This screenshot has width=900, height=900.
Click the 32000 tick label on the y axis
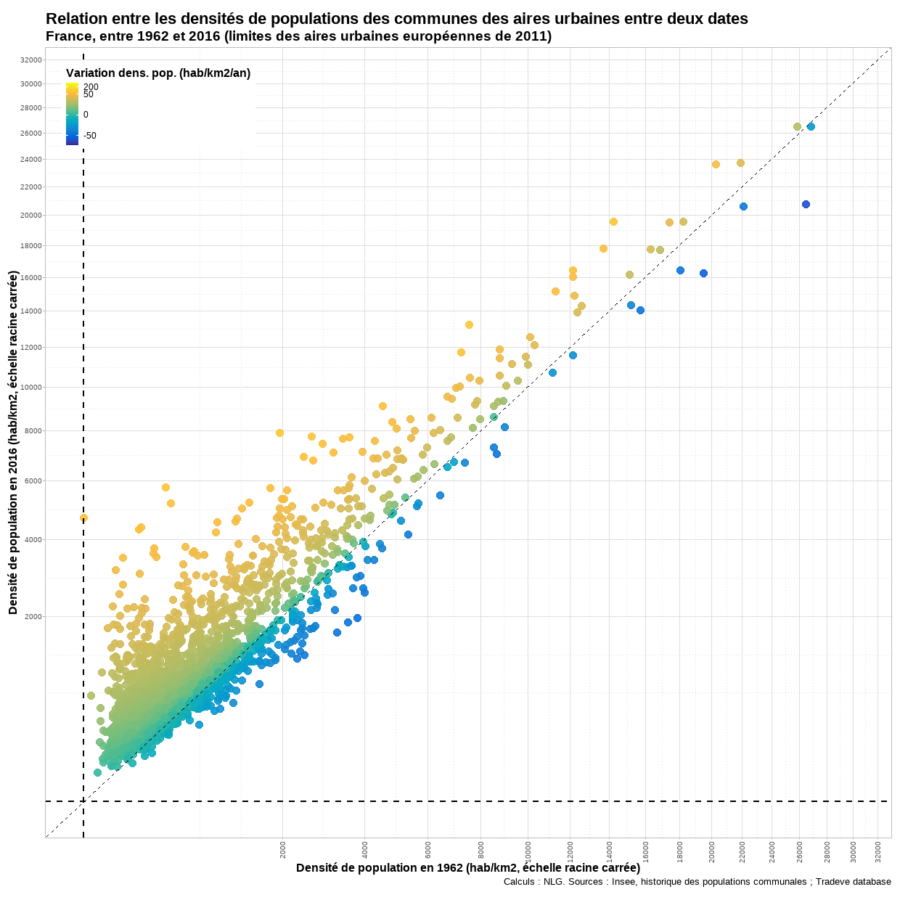(31, 60)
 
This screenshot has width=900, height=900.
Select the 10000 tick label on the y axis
(31, 388)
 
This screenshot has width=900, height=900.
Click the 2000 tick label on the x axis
(283, 849)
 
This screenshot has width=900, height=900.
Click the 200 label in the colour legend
(91, 87)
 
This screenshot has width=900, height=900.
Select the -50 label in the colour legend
(89, 136)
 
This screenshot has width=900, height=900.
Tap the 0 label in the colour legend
(86, 115)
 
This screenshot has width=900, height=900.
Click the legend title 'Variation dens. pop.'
(157, 73)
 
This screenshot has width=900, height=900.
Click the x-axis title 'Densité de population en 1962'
(467, 868)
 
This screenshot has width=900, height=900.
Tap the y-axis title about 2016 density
(13, 443)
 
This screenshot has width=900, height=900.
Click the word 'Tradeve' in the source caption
(835, 882)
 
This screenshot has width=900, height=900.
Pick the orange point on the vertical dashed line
(83, 518)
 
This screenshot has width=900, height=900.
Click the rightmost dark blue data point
(806, 205)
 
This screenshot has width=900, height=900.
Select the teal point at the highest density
(811, 127)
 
